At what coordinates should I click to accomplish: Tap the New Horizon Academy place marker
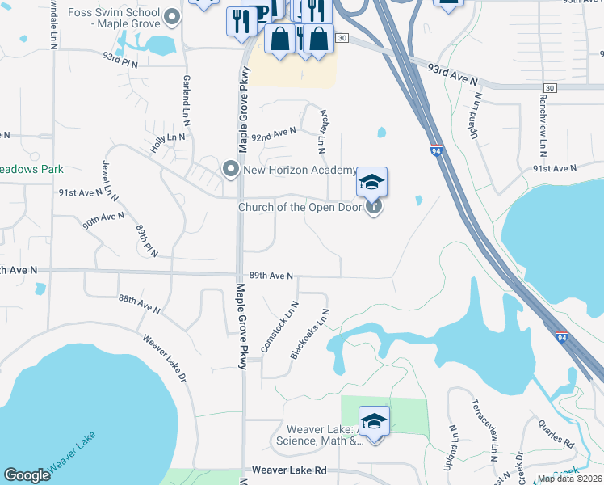tap(230, 170)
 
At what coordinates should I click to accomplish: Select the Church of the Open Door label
tap(300, 207)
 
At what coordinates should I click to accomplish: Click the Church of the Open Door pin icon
tap(374, 207)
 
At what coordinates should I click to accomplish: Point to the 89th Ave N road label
tap(271, 276)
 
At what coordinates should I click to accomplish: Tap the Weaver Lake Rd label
tap(288, 470)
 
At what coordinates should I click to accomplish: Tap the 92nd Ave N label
tap(274, 133)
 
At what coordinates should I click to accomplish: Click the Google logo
tap(27, 475)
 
